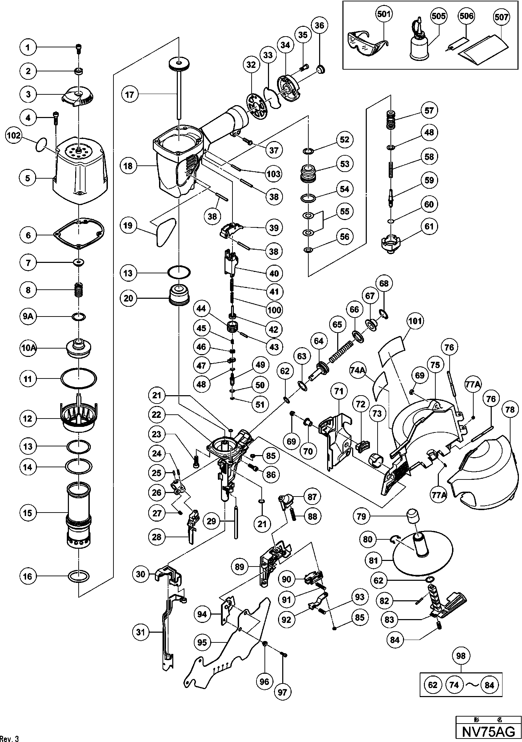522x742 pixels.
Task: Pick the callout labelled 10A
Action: tap(28, 347)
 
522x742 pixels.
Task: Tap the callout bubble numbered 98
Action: tap(460, 656)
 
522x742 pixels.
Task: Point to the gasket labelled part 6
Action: tap(79, 234)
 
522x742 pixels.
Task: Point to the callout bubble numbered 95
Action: tap(202, 642)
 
